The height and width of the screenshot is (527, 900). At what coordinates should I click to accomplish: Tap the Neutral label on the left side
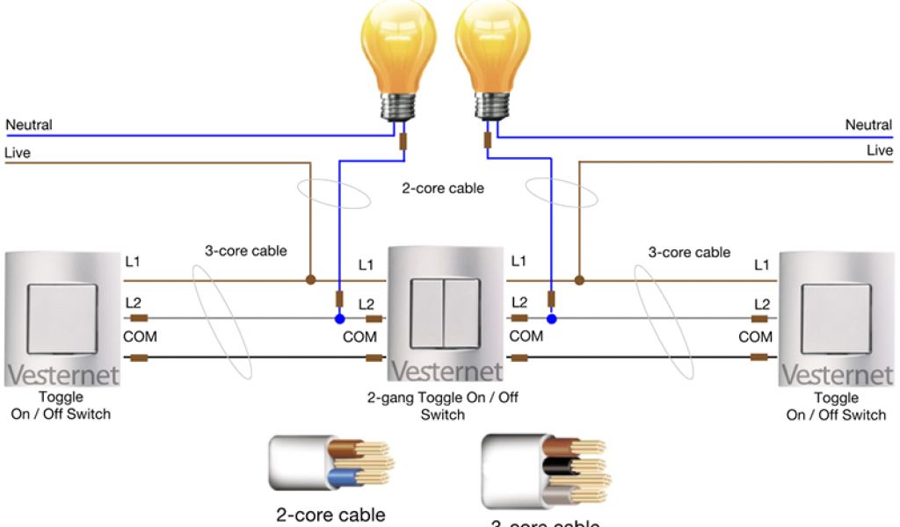tap(29, 125)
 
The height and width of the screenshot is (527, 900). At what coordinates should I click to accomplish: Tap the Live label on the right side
tap(879, 150)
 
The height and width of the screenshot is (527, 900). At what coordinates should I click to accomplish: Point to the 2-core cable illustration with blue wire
tap(330, 464)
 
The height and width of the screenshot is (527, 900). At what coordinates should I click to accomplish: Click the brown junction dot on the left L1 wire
tap(310, 280)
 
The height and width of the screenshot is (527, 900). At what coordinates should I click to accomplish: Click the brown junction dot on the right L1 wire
tap(578, 280)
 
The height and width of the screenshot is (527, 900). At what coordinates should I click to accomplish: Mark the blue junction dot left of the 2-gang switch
tap(339, 318)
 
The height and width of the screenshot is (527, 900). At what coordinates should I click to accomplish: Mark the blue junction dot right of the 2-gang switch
tap(551, 318)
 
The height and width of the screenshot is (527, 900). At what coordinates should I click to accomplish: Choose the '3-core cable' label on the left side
tap(245, 250)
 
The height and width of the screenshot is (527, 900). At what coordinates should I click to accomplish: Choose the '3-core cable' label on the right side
tap(689, 252)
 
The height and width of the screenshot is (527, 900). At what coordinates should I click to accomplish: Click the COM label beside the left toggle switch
tap(140, 336)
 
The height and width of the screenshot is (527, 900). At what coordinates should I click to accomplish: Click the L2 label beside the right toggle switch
tap(761, 304)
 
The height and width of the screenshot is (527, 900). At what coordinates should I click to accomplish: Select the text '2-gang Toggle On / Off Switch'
tap(442, 406)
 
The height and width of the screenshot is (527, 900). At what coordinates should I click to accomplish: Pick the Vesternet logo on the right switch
tap(836, 375)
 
